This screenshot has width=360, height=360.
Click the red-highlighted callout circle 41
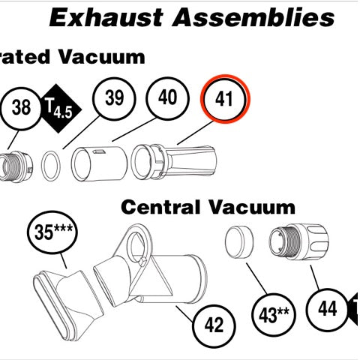pos(225,99)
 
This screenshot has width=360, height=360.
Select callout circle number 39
pos(114,97)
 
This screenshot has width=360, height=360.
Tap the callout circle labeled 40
pos(167,98)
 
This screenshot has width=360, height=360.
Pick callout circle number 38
pos(21,108)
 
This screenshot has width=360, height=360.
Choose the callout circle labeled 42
pos(214,325)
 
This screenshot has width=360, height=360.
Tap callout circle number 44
pos(327,310)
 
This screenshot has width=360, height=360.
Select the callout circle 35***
pos(52,232)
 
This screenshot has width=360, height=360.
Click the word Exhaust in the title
pos(106,17)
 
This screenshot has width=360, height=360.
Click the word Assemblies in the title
pos(253,17)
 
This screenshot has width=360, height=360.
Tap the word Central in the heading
pos(160,207)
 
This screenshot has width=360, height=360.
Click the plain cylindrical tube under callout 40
pos(99,164)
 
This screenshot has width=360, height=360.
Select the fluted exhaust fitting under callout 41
pos(174,161)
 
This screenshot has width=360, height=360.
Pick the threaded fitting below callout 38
pos(16,166)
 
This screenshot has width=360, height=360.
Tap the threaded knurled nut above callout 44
pos(298,242)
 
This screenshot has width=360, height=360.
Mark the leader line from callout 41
pos(196,133)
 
